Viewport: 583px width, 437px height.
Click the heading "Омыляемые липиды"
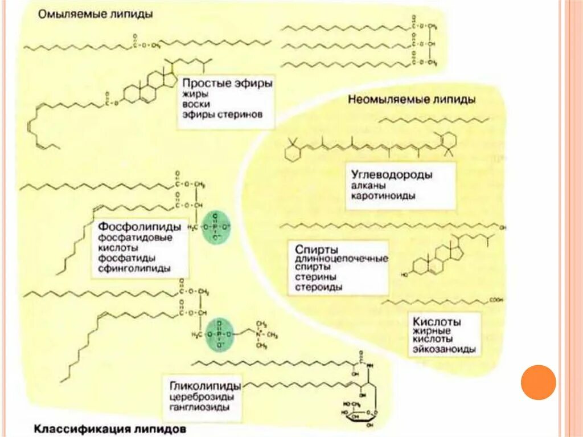[x=95, y=14]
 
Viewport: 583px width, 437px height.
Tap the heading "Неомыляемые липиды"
[x=412, y=99]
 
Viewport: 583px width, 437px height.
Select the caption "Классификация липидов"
[x=109, y=427]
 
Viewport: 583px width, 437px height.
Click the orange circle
[x=538, y=382]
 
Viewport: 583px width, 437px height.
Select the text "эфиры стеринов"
[x=223, y=115]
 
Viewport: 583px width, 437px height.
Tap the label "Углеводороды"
[x=392, y=174]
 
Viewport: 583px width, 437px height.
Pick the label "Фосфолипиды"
[x=140, y=226]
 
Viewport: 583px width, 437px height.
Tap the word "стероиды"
[x=319, y=287]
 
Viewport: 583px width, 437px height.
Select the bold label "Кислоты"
[x=437, y=322]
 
